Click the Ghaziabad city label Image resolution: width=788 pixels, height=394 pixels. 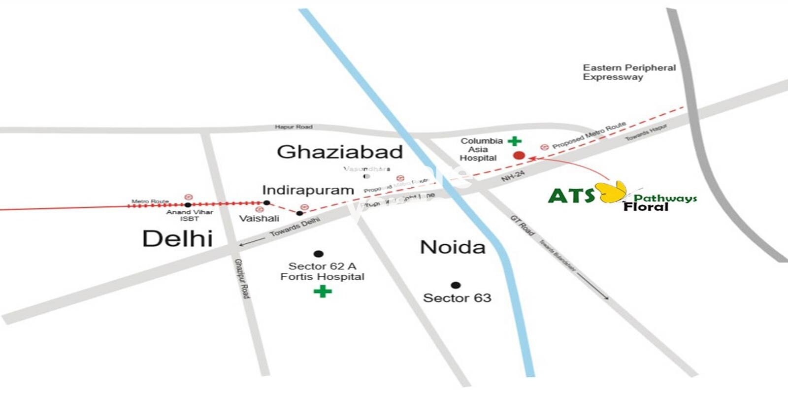pyautogui.click(x=340, y=152)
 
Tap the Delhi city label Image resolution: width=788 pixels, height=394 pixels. pyautogui.click(x=177, y=239)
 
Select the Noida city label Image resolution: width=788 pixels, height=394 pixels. pyautogui.click(x=453, y=247)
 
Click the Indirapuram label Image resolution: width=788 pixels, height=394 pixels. pyautogui.click(x=308, y=190)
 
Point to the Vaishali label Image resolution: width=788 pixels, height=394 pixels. pyautogui.click(x=259, y=218)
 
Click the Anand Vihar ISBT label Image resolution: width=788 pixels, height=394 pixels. pyautogui.click(x=190, y=215)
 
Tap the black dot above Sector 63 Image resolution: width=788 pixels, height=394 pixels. pyautogui.click(x=456, y=285)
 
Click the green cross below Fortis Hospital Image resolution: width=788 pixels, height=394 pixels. pyautogui.click(x=323, y=292)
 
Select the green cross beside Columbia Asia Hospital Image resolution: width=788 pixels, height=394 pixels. pyautogui.click(x=515, y=141)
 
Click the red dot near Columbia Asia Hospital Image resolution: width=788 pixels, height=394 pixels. pyautogui.click(x=519, y=156)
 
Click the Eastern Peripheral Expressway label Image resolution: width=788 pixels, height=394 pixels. pyautogui.click(x=629, y=72)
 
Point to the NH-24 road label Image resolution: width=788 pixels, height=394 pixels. pyautogui.click(x=513, y=176)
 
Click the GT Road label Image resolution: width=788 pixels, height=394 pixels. pyautogui.click(x=522, y=225)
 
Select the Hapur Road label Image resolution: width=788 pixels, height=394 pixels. pyautogui.click(x=294, y=127)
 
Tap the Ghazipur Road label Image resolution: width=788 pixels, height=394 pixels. pyautogui.click(x=242, y=278)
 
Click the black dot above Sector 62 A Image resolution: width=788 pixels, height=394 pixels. pyautogui.click(x=319, y=254)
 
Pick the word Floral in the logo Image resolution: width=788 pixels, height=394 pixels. pyautogui.click(x=646, y=207)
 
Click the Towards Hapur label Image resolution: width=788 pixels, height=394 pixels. pyautogui.click(x=646, y=132)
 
